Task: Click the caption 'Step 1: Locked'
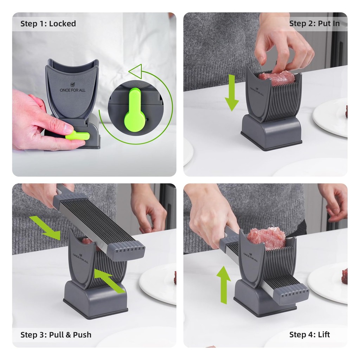point(48,24)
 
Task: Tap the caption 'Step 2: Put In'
point(314,24)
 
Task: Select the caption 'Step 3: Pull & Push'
point(56,335)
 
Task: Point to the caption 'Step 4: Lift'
point(309,335)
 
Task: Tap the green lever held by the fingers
point(78,135)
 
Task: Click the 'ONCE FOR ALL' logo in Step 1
point(72,88)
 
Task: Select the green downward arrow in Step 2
point(232,93)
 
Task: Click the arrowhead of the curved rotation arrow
point(136,70)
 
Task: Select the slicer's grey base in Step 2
point(272,132)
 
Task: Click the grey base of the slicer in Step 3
point(96,300)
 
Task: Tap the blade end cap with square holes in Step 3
point(126,252)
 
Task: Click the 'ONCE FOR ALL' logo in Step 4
point(250,257)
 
